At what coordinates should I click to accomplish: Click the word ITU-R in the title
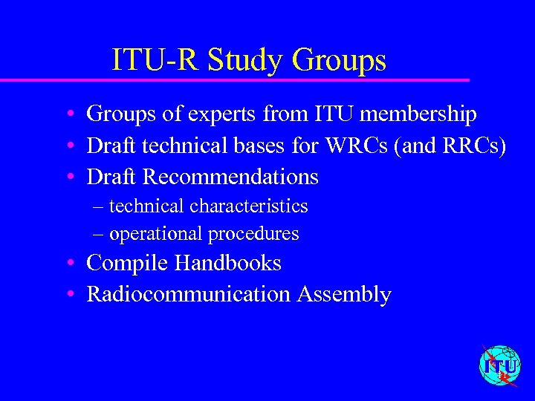pos(155,60)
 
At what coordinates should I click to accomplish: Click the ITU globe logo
pos(499,365)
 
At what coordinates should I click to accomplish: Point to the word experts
pos(219,114)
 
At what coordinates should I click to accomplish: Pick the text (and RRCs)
pos(453,146)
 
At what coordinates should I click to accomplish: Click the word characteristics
pos(249,206)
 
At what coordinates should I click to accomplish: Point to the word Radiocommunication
pos(189,294)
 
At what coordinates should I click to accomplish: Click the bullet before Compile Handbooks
pos(68,264)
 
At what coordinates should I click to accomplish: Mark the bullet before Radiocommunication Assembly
pos(68,295)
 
